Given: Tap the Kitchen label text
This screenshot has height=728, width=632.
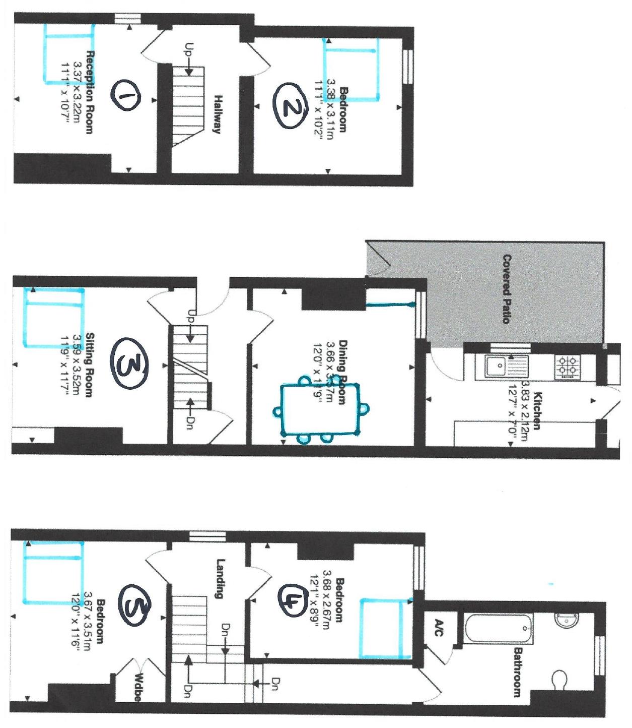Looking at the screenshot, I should (x=537, y=411).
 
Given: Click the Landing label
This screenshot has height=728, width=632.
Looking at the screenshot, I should (x=220, y=578).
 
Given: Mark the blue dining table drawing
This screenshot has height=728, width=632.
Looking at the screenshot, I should (x=320, y=409).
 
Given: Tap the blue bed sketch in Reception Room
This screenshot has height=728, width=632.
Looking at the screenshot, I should (x=69, y=54).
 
